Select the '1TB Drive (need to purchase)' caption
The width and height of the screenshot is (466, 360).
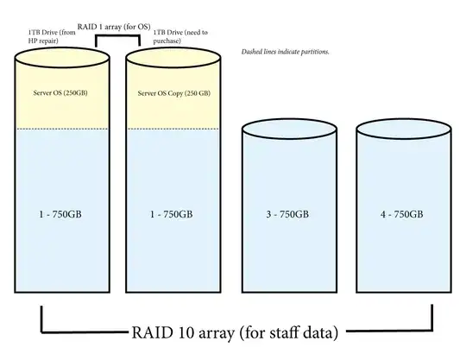click(x=177, y=36)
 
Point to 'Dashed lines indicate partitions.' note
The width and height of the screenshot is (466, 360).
click(x=285, y=52)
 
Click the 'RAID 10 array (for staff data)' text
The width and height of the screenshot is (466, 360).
click(x=234, y=331)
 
